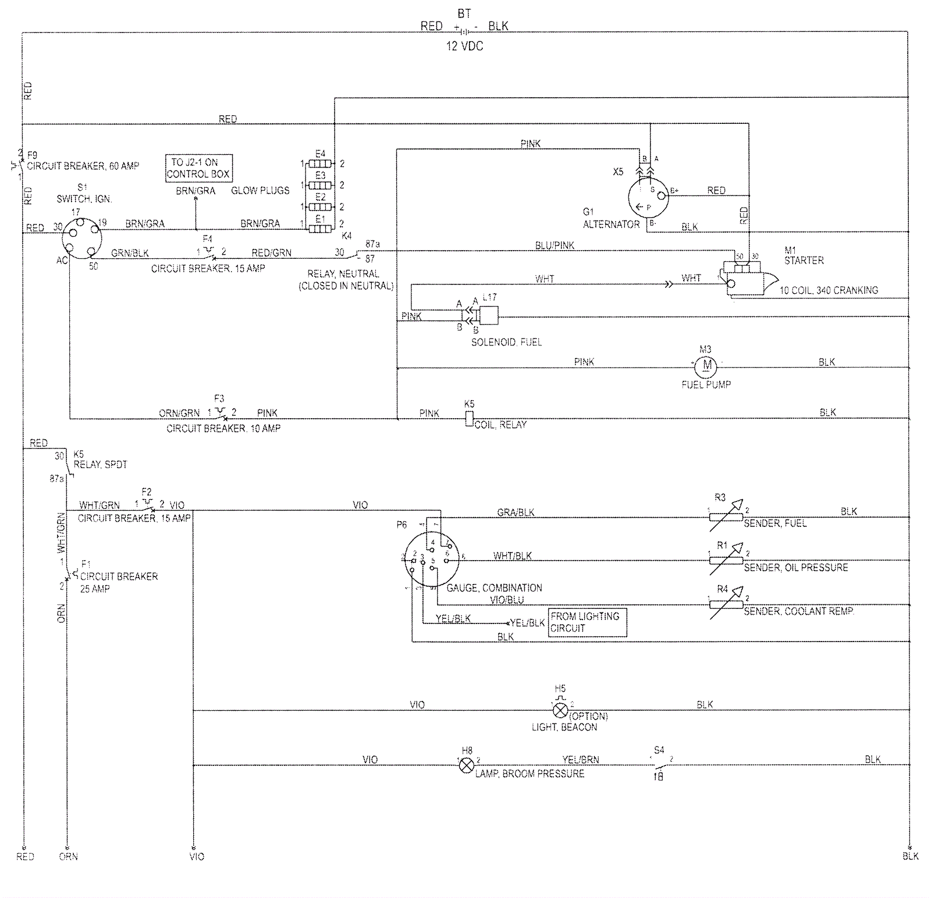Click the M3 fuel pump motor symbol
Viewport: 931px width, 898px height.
pos(707,365)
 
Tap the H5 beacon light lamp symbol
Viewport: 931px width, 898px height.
pos(560,710)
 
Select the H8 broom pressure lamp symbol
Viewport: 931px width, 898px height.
pos(466,765)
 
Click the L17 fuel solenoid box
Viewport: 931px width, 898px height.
pos(488,316)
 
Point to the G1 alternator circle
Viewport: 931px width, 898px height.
pos(648,198)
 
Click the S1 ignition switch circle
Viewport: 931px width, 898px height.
pos(81,238)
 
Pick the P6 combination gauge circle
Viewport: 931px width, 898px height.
pos(431,560)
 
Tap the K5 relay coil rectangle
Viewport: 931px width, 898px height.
pos(469,419)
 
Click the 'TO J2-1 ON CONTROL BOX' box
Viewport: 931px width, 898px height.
pos(198,168)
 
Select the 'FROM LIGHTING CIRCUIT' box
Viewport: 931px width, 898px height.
pos(587,622)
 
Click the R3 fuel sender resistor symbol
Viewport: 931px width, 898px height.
pos(726,516)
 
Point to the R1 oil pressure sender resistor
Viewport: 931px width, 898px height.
pos(726,560)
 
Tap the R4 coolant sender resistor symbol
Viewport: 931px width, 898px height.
pos(726,604)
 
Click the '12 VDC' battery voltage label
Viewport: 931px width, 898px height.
pos(464,47)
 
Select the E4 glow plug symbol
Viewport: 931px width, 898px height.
pos(320,163)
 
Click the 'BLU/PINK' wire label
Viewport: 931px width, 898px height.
pos(555,245)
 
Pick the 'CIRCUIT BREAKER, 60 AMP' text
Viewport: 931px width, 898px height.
pos(83,166)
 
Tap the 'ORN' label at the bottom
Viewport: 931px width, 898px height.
pos(68,856)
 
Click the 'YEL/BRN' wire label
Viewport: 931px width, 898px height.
pos(580,760)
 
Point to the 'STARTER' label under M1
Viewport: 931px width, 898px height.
pos(804,261)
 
